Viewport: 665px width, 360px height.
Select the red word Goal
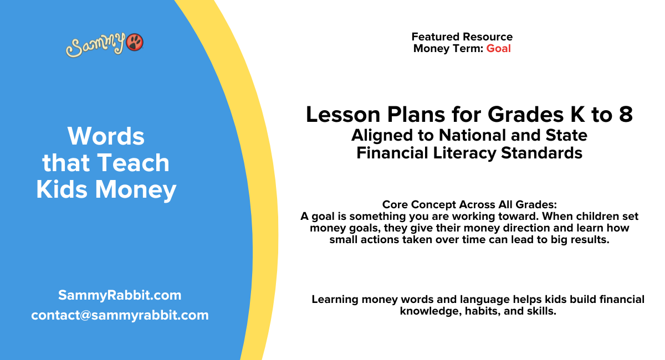[498, 48]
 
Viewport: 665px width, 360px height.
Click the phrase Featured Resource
[462, 37]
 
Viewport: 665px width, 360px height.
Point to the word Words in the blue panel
[106, 136]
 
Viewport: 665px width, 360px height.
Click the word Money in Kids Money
[136, 189]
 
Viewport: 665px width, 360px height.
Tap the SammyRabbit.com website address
[120, 295]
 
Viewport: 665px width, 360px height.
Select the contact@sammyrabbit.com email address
[120, 315]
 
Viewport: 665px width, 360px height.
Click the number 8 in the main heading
[626, 115]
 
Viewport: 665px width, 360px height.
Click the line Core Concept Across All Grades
[469, 204]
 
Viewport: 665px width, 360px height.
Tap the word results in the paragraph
[587, 240]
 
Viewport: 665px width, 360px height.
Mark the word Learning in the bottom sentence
[335, 300]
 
